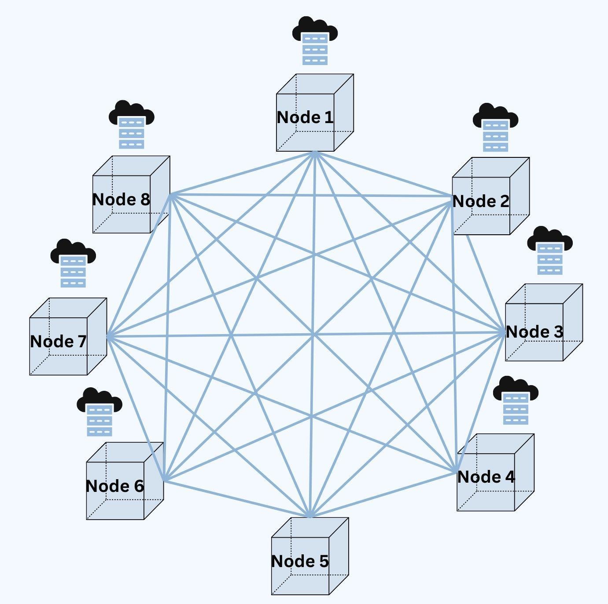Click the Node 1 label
point(305,117)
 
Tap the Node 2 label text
point(481,201)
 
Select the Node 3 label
point(534,332)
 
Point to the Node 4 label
point(486,477)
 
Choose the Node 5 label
point(300,561)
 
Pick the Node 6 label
point(115,486)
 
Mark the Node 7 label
point(58,342)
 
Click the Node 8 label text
point(121,200)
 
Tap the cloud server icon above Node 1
point(315,41)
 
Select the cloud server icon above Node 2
point(495,127)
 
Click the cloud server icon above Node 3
point(550,251)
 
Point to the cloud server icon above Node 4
point(516,400)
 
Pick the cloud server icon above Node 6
point(99,412)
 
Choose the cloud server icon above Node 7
point(73,263)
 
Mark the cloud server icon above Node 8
point(132,125)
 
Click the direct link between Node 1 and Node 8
point(243,173)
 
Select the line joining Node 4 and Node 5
point(383,494)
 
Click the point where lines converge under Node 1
point(315,153)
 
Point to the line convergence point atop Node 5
point(310,515)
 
